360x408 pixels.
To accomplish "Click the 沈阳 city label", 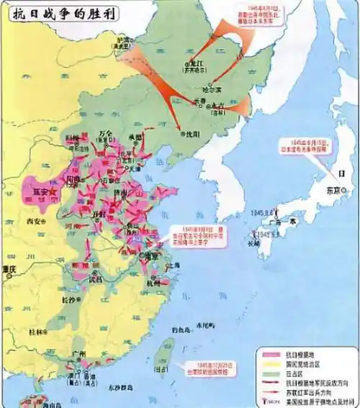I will pyautogui.click(x=191, y=134).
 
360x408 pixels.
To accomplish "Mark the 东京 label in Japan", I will pyautogui.click(x=333, y=191).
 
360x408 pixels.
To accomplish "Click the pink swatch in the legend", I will pyautogui.click(x=271, y=353).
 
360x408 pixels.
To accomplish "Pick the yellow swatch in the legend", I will pyautogui.click(x=271, y=362).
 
